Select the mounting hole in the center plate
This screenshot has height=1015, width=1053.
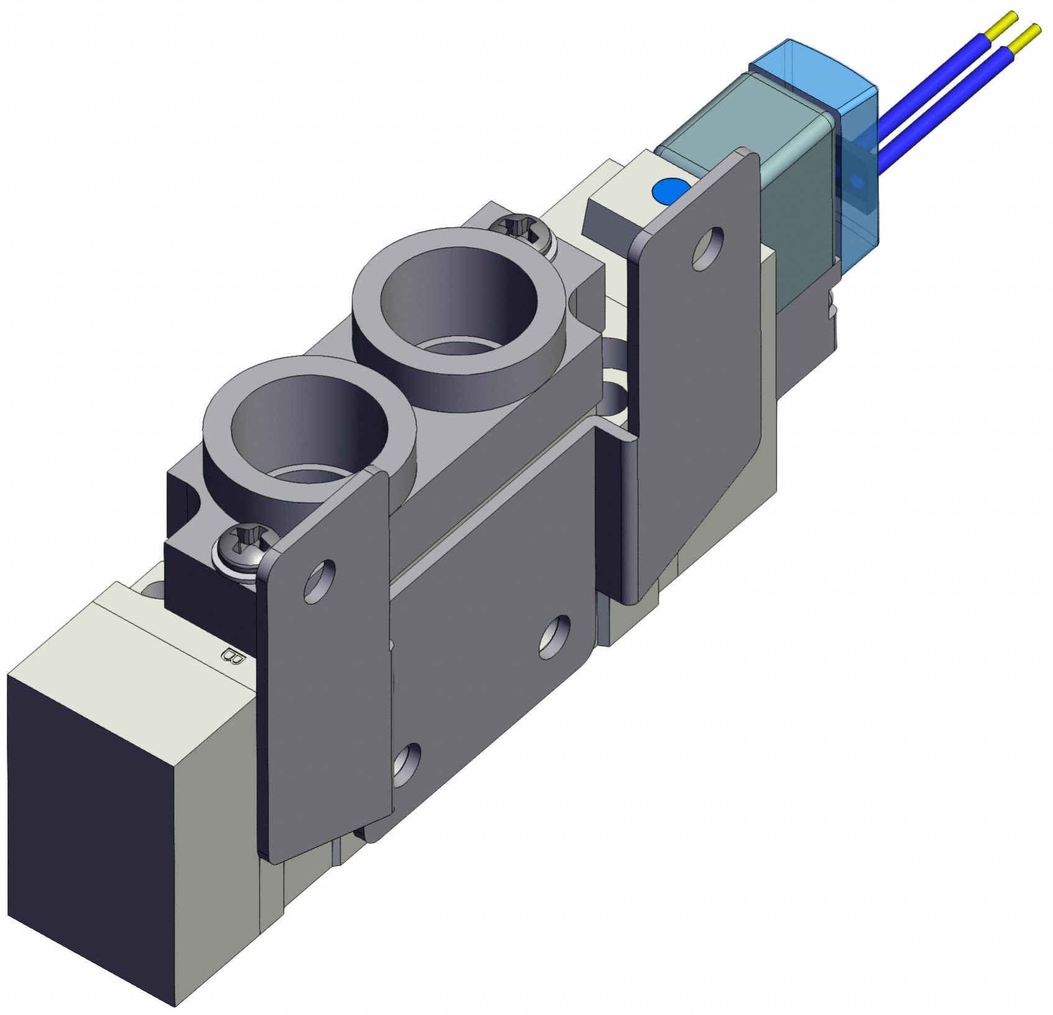[555, 636]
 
